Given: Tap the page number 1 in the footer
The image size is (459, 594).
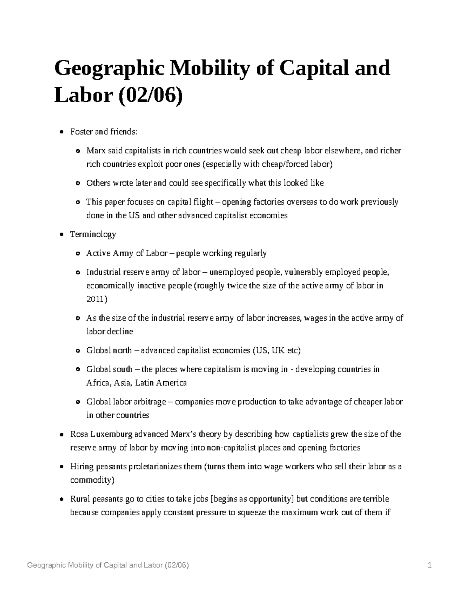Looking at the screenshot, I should [430, 565].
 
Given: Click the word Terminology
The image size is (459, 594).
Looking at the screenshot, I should [93, 234].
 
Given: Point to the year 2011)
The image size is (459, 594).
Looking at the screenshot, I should [97, 299].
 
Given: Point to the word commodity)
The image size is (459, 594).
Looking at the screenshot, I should [92, 480].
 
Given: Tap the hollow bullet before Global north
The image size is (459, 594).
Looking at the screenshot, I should [78, 351].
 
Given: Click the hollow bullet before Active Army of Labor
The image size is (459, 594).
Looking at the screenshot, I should [78, 254].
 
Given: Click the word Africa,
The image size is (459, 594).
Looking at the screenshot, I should [98, 383].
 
